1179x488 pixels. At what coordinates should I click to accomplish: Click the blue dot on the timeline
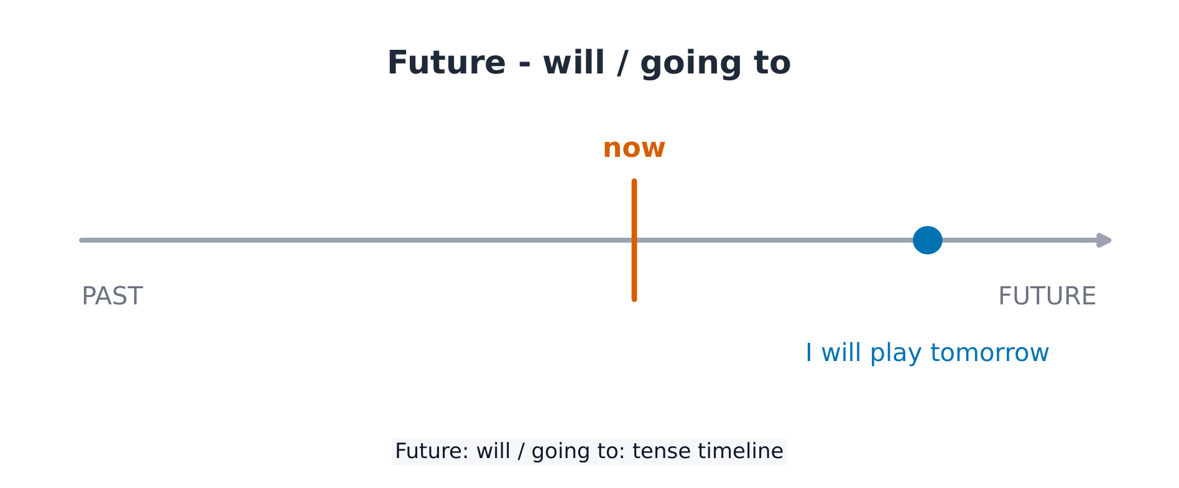pyautogui.click(x=927, y=240)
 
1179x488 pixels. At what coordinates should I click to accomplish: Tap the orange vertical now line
pyautogui.click(x=634, y=240)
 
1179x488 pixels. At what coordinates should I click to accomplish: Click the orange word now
pyautogui.click(x=634, y=149)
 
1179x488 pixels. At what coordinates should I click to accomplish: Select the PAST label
pyautogui.click(x=113, y=296)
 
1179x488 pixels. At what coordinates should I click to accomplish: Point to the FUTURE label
pyautogui.click(x=1047, y=296)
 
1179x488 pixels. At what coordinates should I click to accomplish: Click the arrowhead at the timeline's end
pyautogui.click(x=1104, y=240)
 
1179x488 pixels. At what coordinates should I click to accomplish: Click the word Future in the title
pyautogui.click(x=446, y=63)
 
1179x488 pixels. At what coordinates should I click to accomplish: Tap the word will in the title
pyautogui.click(x=574, y=62)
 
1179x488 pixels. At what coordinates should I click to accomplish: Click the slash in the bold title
pyautogui.click(x=622, y=63)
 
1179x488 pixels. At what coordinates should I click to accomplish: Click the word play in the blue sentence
pyautogui.click(x=895, y=354)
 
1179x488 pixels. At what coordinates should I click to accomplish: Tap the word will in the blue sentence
pyautogui.click(x=841, y=352)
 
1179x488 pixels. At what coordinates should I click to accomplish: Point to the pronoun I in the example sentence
pyautogui.click(x=809, y=353)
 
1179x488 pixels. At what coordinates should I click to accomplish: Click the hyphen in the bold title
pyautogui.click(x=524, y=65)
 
